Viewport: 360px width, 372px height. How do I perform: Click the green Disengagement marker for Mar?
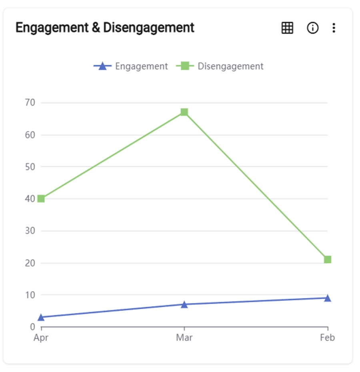(184, 112)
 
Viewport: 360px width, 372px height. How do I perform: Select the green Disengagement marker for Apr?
(41, 199)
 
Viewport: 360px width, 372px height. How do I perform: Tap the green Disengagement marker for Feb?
(328, 260)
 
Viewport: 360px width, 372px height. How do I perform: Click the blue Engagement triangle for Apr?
(41, 317)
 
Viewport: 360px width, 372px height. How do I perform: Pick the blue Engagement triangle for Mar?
(184, 304)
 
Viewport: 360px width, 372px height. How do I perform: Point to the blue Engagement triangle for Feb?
(328, 298)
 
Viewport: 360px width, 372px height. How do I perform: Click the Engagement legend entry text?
(141, 66)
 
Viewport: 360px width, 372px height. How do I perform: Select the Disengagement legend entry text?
(230, 66)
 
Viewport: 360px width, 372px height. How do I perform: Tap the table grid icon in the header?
(287, 28)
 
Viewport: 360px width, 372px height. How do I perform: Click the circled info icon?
(312, 28)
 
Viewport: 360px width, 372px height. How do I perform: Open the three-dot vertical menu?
(334, 28)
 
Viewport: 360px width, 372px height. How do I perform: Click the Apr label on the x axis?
(41, 338)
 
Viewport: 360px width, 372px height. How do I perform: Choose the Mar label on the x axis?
(184, 338)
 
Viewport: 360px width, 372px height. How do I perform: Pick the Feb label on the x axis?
(327, 338)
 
